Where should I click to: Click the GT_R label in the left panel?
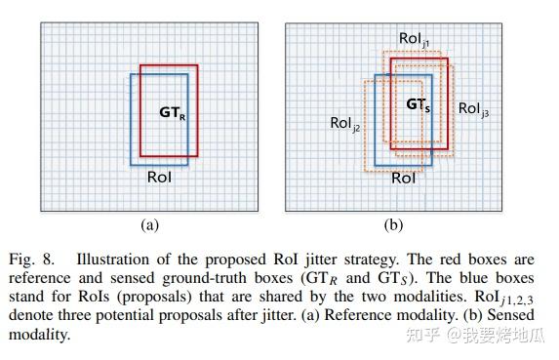coord(173,112)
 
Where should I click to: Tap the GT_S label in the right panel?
coord(419,103)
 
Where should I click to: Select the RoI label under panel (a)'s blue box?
coord(160,178)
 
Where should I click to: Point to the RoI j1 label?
coord(415,39)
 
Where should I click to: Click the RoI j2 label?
coord(345,125)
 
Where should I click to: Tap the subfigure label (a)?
coord(149,224)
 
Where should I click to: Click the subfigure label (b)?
coord(393,224)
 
